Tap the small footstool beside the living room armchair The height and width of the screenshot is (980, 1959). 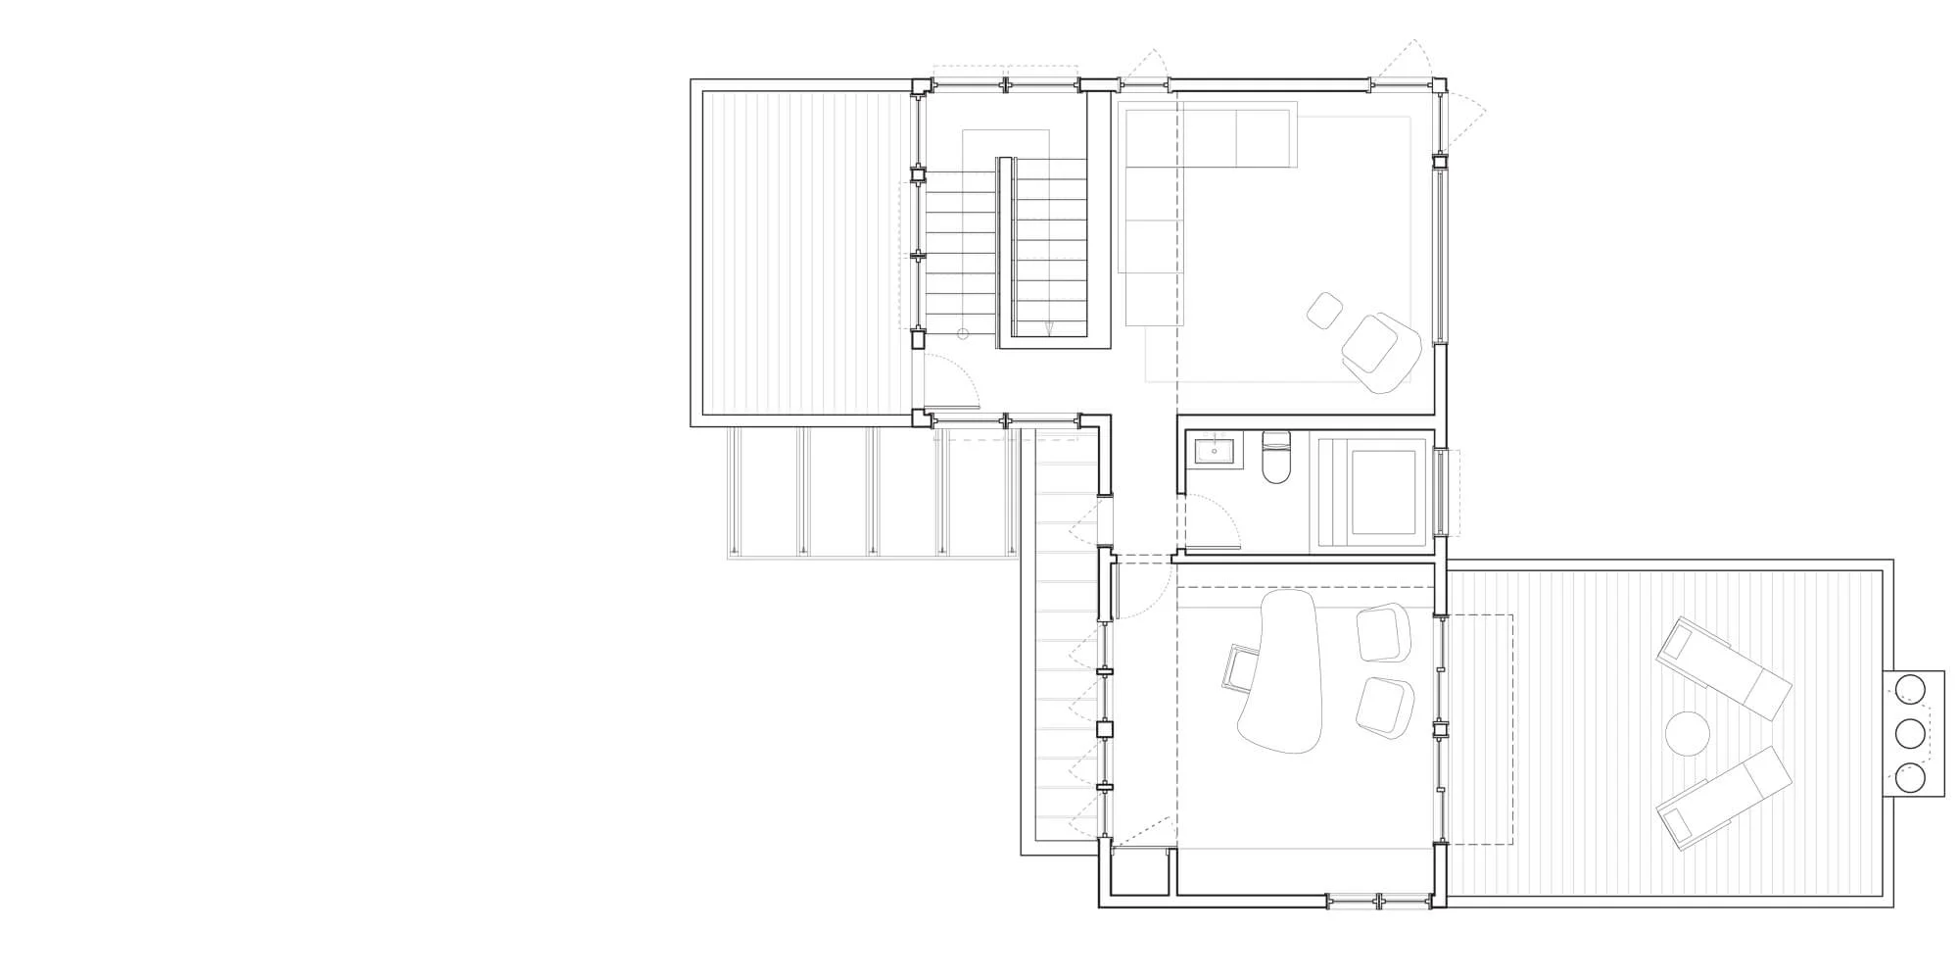point(1325,311)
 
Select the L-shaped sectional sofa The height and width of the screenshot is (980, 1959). point(1166,196)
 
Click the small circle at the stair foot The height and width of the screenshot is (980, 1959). point(963,334)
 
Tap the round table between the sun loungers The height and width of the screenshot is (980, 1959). point(1688,732)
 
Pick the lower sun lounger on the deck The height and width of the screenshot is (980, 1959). point(1724,798)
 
